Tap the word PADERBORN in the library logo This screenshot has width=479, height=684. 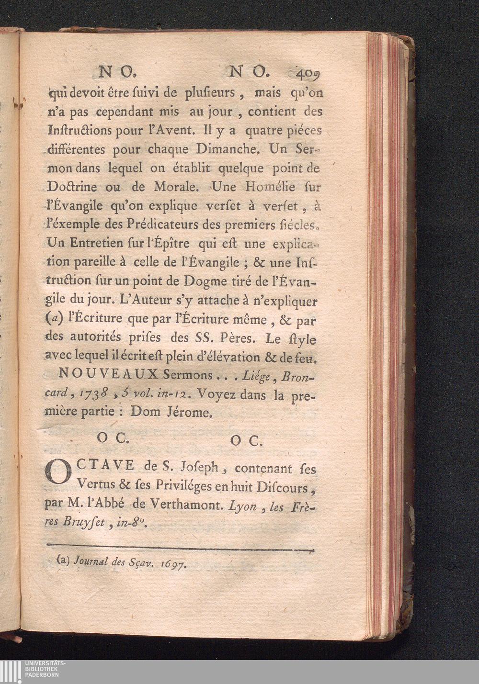(42, 675)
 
